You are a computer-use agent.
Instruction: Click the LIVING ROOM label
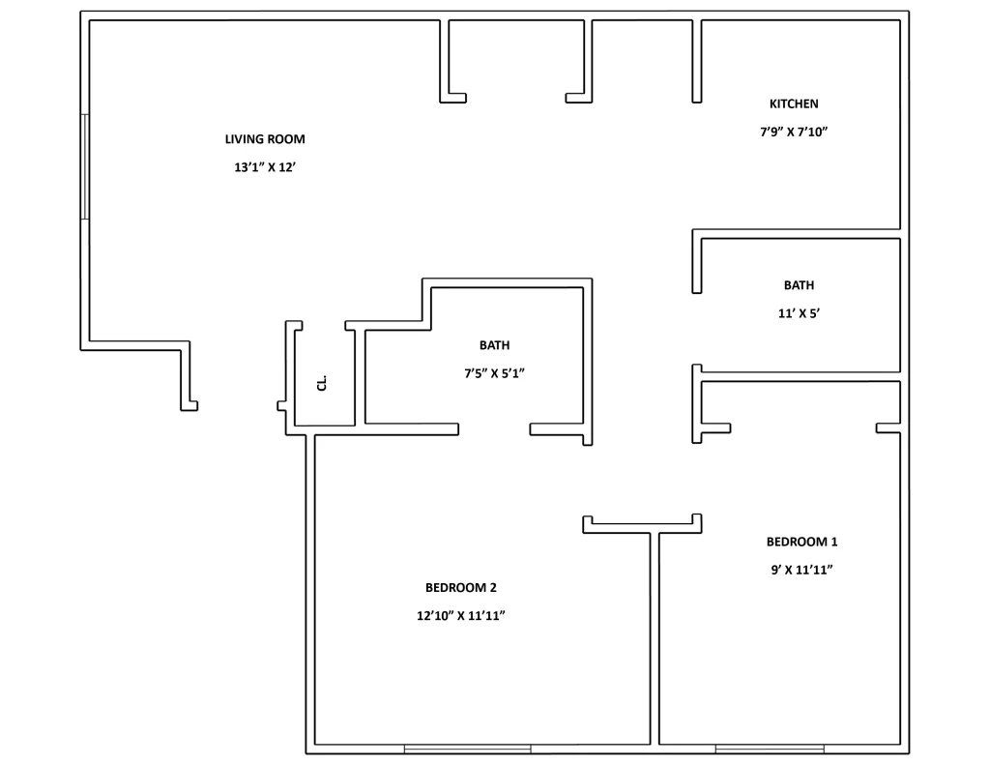pos(265,139)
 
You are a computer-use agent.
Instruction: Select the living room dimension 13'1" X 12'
pos(265,167)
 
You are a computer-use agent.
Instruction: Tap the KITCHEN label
pos(794,104)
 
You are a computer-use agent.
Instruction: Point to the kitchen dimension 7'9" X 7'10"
pos(794,132)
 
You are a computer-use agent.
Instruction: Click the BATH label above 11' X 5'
pos(799,285)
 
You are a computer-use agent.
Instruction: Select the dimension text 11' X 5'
pos(799,313)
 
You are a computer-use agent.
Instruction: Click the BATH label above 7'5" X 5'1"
pos(494,345)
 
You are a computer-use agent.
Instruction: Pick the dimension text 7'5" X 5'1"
pos(494,373)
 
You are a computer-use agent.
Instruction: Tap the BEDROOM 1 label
pos(801,542)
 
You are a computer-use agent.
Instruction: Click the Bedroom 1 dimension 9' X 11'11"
pos(801,570)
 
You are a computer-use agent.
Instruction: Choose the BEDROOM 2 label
pos(460,587)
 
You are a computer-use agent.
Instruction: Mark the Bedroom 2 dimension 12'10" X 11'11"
pos(460,615)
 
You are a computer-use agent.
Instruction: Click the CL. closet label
pos(322,384)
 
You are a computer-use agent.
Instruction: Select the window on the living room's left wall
pos(85,166)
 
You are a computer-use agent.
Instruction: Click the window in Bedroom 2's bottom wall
pos(467,749)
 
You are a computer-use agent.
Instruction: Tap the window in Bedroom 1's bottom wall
pos(770,749)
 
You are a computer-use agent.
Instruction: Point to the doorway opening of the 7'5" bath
pos(494,428)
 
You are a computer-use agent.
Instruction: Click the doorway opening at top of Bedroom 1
pos(802,428)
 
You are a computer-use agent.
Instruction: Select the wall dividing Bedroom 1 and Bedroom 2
pos(655,638)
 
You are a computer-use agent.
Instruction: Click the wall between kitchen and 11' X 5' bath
pos(798,234)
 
